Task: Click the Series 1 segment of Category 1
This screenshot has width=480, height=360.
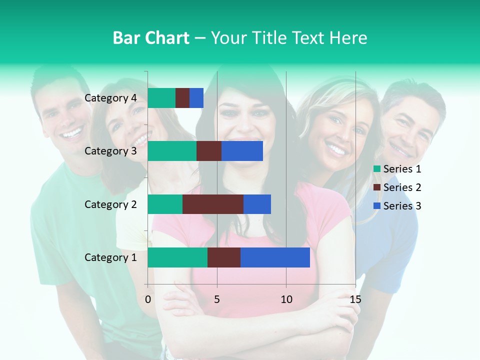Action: pyautogui.click(x=177, y=257)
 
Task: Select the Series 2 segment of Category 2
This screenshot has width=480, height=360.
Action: pyautogui.click(x=213, y=204)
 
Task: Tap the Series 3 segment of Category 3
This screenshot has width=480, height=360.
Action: pyautogui.click(x=242, y=151)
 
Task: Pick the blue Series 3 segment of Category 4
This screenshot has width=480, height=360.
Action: pyautogui.click(x=196, y=98)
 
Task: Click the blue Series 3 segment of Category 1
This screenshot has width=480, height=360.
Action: pyautogui.click(x=275, y=257)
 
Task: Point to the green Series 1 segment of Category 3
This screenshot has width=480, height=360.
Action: pyautogui.click(x=172, y=151)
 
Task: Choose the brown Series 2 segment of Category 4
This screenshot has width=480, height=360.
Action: pyautogui.click(x=182, y=98)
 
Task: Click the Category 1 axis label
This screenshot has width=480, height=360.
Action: pyautogui.click(x=110, y=257)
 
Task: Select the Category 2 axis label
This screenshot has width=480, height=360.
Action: pyautogui.click(x=110, y=204)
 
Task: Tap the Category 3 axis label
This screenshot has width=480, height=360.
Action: pyautogui.click(x=110, y=151)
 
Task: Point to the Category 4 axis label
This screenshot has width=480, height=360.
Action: pyautogui.click(x=110, y=98)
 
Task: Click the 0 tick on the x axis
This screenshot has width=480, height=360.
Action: pyautogui.click(x=148, y=299)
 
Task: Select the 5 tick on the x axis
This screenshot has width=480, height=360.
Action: pyautogui.click(x=217, y=299)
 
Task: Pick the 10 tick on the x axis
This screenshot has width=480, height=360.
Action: pyautogui.click(x=286, y=299)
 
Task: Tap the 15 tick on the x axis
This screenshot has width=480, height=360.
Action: pyautogui.click(x=355, y=299)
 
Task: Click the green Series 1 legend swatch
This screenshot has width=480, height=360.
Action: pyautogui.click(x=377, y=169)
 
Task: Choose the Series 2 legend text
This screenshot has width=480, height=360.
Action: pyautogui.click(x=402, y=187)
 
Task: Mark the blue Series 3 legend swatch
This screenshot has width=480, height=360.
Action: pyautogui.click(x=377, y=206)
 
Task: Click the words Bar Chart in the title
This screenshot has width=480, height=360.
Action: pyautogui.click(x=151, y=38)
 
